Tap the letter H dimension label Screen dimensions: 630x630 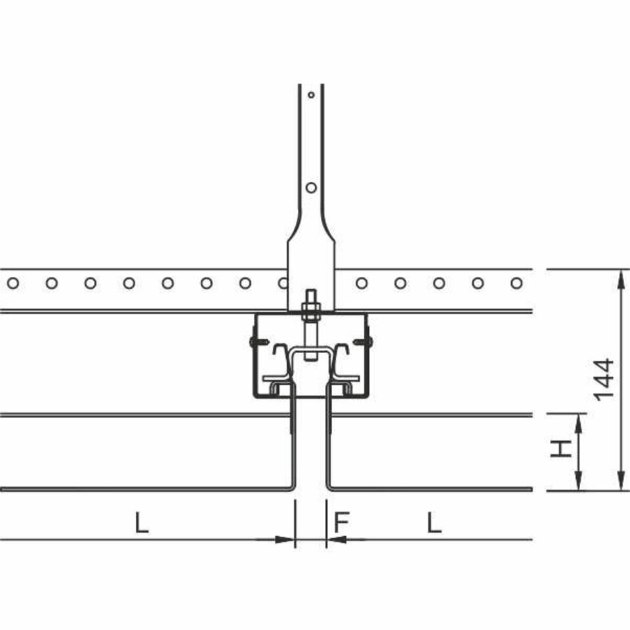tap(561, 449)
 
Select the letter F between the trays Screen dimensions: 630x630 tap(341, 522)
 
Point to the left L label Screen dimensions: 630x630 tap(142, 522)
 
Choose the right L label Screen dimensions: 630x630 tap(434, 522)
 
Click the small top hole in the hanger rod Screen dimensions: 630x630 tap(311, 95)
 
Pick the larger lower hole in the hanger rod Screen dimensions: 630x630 tap(311, 188)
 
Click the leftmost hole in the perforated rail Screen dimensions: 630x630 tap(13, 283)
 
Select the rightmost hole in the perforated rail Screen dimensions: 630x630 tap(516, 283)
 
